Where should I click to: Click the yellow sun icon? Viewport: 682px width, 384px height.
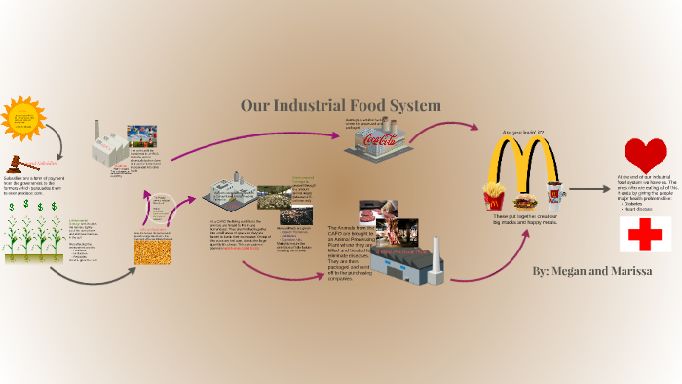(23, 119)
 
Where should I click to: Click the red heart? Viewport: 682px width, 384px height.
(645, 154)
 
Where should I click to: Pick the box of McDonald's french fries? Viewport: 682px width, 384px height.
(494, 198)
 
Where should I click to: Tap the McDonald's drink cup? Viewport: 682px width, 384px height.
(552, 196)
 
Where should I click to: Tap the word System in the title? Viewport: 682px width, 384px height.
(413, 105)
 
